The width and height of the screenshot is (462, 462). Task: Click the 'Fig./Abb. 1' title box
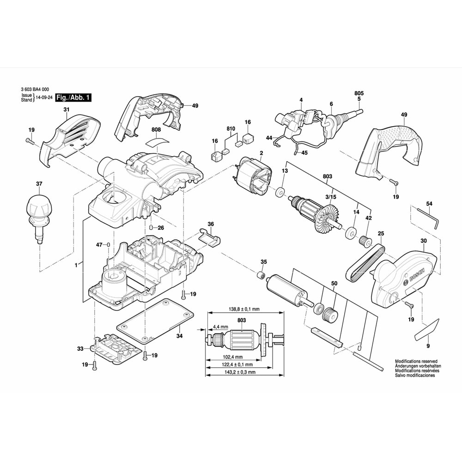pyautogui.click(x=73, y=97)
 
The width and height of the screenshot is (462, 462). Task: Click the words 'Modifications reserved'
pyautogui.click(x=416, y=361)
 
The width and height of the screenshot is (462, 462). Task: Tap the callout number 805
pyautogui.click(x=359, y=93)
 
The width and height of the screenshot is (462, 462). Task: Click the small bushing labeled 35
pyautogui.click(x=261, y=276)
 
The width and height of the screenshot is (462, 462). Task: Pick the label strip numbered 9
pyautogui.click(x=427, y=329)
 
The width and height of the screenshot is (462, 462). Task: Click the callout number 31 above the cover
pyautogui.click(x=66, y=109)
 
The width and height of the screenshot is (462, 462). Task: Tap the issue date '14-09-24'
pyautogui.click(x=44, y=98)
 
